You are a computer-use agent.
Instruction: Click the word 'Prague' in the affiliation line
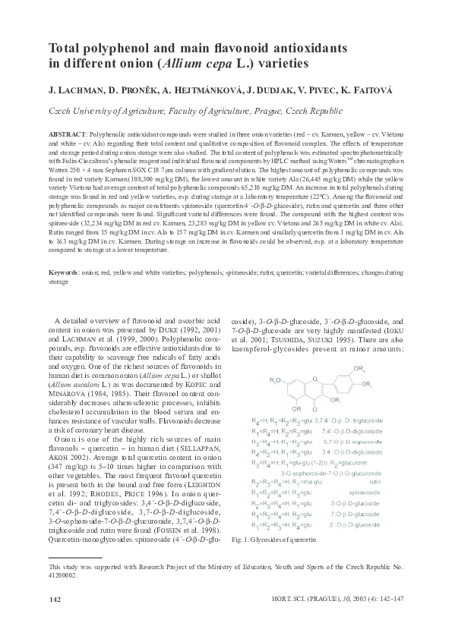click(276, 110)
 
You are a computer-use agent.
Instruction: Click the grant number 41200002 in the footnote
click(62, 576)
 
